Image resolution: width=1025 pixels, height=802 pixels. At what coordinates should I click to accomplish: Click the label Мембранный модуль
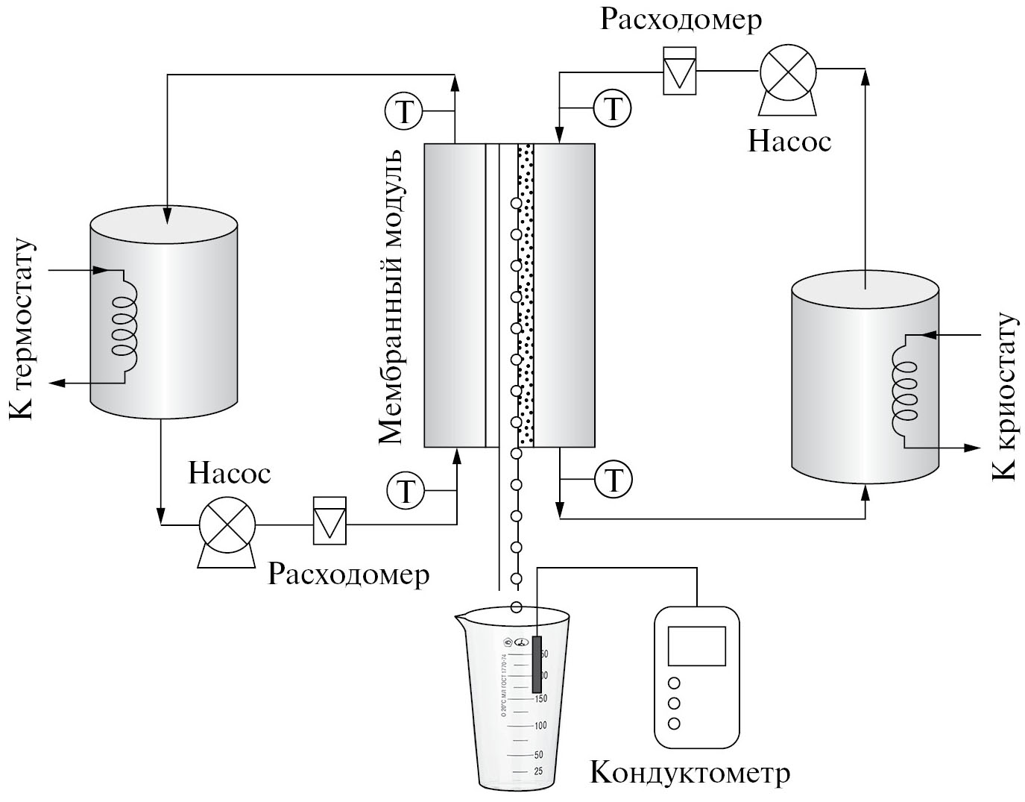click(x=391, y=296)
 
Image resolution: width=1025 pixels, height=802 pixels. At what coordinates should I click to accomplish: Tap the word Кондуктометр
click(x=690, y=773)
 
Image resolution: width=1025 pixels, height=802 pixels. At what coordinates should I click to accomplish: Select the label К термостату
click(x=22, y=329)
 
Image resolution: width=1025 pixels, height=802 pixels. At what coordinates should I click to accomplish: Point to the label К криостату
click(x=1004, y=396)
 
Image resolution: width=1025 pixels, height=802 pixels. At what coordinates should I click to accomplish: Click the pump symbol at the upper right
click(x=788, y=72)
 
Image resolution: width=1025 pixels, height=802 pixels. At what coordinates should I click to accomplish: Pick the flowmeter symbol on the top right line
click(x=680, y=71)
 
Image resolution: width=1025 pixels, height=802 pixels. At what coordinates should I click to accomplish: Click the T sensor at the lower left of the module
click(x=406, y=491)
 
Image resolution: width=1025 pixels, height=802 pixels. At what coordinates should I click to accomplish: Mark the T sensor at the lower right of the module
click(x=614, y=478)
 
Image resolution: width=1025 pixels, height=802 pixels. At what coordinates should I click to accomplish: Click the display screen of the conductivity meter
click(x=696, y=645)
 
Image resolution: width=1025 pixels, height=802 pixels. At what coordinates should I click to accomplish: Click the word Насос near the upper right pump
click(x=789, y=141)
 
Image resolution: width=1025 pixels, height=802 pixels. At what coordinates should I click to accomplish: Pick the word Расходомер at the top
click(x=681, y=21)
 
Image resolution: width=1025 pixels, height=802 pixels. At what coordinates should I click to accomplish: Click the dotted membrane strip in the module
click(x=526, y=295)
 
